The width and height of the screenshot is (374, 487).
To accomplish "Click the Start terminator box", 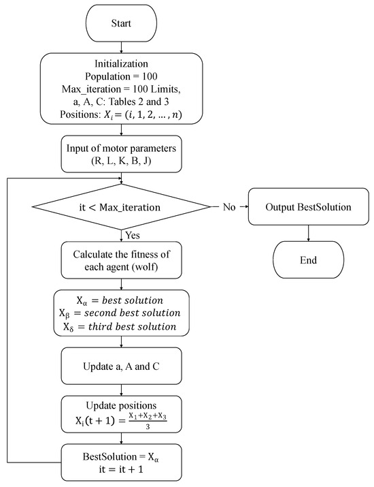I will point(121,24).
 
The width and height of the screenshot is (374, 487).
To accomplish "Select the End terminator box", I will point(309,260).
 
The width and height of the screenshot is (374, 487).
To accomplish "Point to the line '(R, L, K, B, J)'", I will point(121,163).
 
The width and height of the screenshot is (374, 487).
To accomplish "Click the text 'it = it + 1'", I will point(121,469).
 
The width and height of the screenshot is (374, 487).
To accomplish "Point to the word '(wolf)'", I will point(151,267).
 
